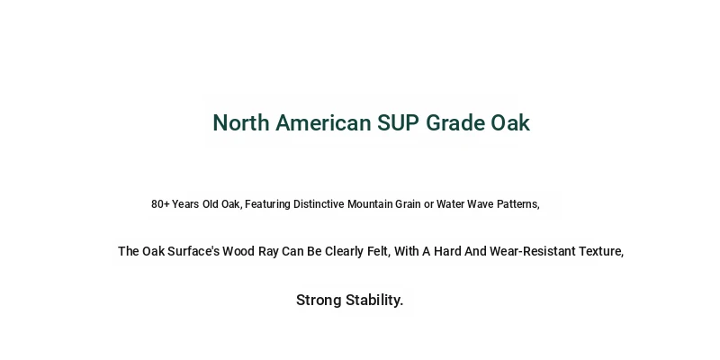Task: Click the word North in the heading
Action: [241, 123]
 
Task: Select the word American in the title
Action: [323, 123]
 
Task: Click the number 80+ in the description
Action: [160, 204]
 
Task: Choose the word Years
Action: [185, 204]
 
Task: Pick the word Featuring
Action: [267, 204]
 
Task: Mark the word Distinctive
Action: [319, 204]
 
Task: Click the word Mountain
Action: [370, 204]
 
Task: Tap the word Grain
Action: [409, 204]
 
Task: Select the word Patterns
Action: [518, 204]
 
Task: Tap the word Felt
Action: [378, 252]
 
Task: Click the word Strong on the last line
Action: [319, 301]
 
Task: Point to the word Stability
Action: [374, 301]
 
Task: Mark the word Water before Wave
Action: [451, 204]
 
